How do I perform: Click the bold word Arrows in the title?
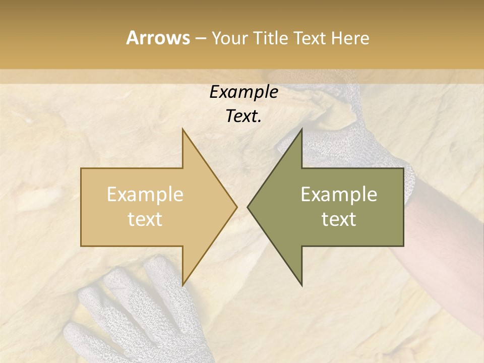(158, 38)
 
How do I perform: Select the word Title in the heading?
(271, 38)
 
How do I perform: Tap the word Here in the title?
(349, 38)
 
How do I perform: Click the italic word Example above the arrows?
(244, 92)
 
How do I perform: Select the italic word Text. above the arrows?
(244, 116)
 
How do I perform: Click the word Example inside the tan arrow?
(145, 195)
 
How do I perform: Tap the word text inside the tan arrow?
(145, 219)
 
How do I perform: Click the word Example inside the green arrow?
(339, 195)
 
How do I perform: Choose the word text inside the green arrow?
(339, 219)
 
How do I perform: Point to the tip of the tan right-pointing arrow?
(236, 207)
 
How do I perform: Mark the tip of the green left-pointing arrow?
(248, 207)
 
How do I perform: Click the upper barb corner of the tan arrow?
(183, 130)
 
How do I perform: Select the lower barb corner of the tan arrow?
(183, 285)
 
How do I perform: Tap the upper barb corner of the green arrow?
(302, 130)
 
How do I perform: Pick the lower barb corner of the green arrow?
(302, 285)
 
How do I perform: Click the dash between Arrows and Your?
(200, 38)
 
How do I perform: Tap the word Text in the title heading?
(311, 38)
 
